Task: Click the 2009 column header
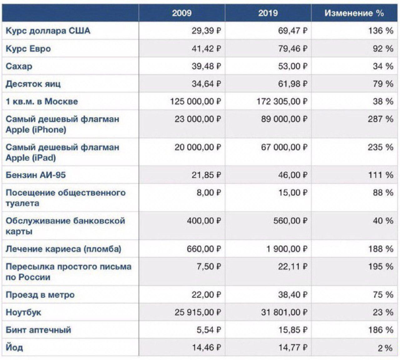coord(182,13)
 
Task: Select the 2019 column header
coord(268,13)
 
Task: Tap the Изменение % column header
coord(354,13)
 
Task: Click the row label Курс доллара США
coord(48,31)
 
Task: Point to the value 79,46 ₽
coord(292,49)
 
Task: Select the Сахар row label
coord(19,66)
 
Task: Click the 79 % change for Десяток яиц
coord(383,84)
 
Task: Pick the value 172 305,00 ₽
coord(282,101)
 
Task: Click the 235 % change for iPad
coord(380,147)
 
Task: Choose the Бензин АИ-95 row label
coord(36,175)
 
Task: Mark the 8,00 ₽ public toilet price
coord(209,193)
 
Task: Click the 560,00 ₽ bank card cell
coord(290,221)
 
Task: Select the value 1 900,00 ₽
coord(287,249)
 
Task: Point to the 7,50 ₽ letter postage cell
coord(209,266)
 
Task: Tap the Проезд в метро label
coord(40,295)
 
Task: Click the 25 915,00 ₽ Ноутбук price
coord(198,312)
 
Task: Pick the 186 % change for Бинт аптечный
coord(380,330)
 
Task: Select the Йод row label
coord(14,347)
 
